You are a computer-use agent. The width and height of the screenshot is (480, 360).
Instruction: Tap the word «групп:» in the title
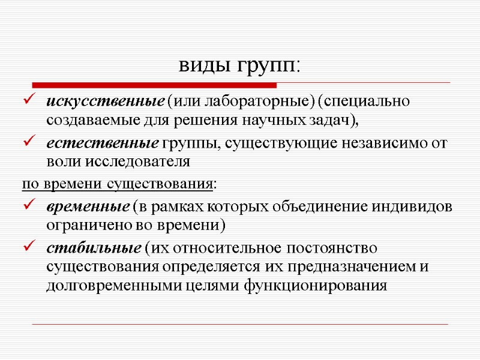[x=270, y=66]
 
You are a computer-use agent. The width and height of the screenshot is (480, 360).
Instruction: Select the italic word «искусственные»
[x=106, y=101]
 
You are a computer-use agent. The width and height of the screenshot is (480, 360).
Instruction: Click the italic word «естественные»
[x=101, y=143]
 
